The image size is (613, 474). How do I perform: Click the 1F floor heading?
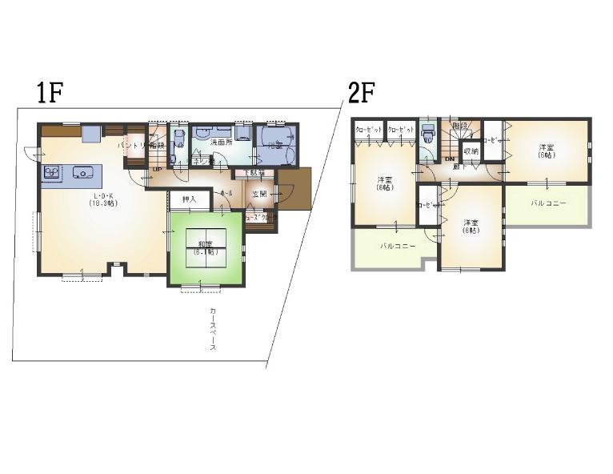coord(49,94)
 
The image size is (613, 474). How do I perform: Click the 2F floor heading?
coord(361,94)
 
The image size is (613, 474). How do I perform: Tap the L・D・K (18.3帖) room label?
coord(103,199)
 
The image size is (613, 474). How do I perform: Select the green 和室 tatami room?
coord(206,249)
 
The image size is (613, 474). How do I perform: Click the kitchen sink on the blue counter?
coord(82,172)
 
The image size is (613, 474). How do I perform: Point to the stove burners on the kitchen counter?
coord(51,172)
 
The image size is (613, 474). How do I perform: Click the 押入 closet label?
coord(190,199)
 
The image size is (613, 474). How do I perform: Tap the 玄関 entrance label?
coord(259,195)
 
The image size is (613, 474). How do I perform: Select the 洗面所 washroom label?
coord(221,142)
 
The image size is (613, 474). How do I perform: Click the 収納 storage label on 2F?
coord(471,151)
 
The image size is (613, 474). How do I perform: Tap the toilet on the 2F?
coord(427,135)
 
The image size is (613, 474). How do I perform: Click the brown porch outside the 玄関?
coord(294,190)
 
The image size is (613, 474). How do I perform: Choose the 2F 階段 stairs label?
coord(459,127)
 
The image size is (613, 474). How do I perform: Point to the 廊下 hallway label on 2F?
coord(455,167)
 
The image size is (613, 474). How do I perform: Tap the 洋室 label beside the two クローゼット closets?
coord(384,184)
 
